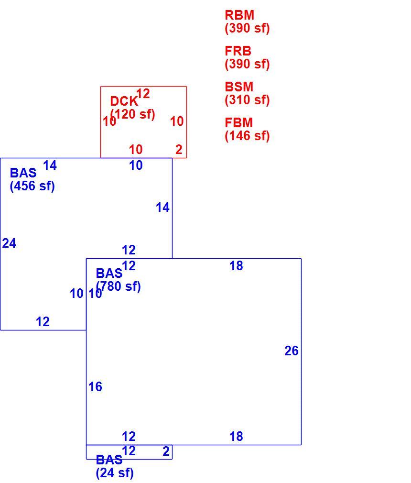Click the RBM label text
click(239, 15)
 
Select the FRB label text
click(238, 51)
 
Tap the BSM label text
click(239, 87)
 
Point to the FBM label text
click(238, 122)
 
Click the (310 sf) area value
click(247, 100)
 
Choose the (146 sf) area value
click(247, 136)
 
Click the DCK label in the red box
click(124, 101)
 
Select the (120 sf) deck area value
click(133, 114)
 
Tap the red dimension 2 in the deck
click(179, 150)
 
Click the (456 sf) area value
click(32, 186)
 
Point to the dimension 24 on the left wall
click(9, 243)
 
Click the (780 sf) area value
click(119, 286)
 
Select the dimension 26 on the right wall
click(291, 351)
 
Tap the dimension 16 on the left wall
click(96, 387)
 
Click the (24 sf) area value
click(115, 473)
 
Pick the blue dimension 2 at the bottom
click(166, 451)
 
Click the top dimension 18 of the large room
click(236, 266)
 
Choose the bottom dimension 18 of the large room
click(236, 437)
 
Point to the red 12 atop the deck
click(143, 94)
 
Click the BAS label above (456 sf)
click(23, 173)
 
